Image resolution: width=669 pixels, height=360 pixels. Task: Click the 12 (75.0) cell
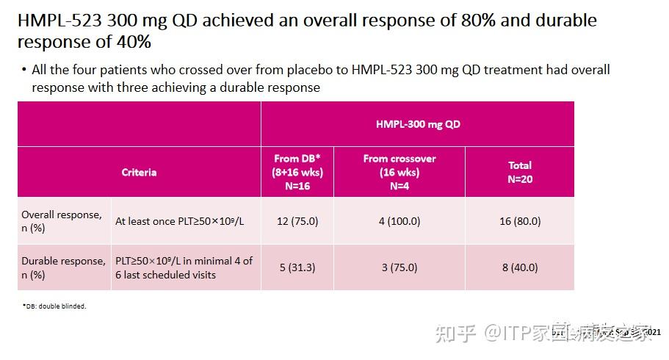pyautogui.click(x=297, y=221)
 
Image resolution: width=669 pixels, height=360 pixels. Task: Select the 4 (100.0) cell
pyautogui.click(x=399, y=221)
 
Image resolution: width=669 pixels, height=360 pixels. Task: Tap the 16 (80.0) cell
pyautogui.click(x=520, y=221)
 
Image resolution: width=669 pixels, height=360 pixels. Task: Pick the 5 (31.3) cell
pyautogui.click(x=297, y=267)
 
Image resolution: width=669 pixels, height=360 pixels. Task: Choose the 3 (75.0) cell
pyautogui.click(x=399, y=267)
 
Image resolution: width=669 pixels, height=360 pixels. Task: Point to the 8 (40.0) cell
pyautogui.click(x=520, y=267)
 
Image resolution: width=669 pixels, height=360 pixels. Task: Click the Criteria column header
pyautogui.click(x=139, y=172)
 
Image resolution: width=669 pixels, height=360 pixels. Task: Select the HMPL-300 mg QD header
pyautogui.click(x=417, y=124)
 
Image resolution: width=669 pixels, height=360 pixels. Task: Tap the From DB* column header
pyautogui.click(x=297, y=172)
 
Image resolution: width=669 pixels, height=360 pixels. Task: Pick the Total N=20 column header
pyautogui.click(x=520, y=172)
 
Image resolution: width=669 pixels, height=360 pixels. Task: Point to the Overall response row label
pyautogui.click(x=62, y=221)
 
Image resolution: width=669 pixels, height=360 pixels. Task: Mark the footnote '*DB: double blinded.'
pyautogui.click(x=54, y=306)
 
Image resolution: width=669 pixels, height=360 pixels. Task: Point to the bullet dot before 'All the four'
pyautogui.click(x=24, y=70)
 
